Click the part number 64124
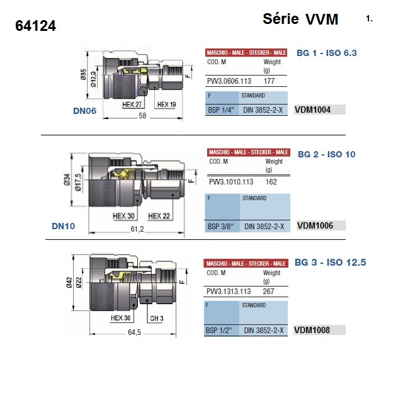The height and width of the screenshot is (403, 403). click(35, 26)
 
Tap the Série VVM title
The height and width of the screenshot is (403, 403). click(300, 19)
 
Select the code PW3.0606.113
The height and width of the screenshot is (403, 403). click(229, 81)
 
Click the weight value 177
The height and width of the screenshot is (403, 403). click(269, 81)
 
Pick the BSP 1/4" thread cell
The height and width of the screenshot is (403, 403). click(221, 110)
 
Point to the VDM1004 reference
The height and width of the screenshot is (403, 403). click(312, 110)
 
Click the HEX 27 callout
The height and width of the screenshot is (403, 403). click(132, 105)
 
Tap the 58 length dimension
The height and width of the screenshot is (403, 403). click(142, 116)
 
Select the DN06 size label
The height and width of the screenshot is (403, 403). click(84, 111)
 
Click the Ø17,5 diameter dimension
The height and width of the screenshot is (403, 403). click(78, 182)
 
